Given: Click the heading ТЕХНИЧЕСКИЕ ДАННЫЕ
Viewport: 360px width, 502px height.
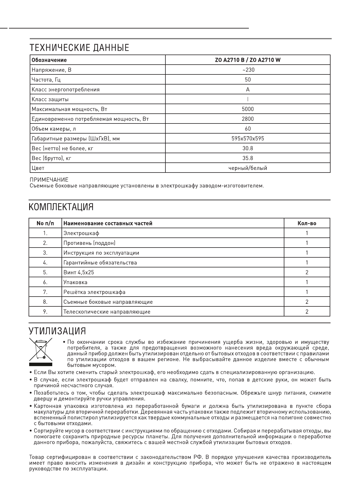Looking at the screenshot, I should [79, 48].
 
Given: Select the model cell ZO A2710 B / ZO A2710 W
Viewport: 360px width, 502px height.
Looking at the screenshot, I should [248, 60].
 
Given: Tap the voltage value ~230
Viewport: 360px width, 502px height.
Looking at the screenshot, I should [248, 70].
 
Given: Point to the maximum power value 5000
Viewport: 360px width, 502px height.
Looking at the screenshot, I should [248, 109].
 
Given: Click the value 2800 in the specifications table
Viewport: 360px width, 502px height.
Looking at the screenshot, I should [248, 119].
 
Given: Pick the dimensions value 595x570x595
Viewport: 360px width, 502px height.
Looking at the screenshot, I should [248, 138].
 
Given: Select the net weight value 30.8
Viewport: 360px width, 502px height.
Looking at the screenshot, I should [248, 148].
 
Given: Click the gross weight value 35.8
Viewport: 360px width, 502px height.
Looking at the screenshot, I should [248, 158].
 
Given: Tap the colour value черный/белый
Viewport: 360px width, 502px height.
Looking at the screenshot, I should [248, 168].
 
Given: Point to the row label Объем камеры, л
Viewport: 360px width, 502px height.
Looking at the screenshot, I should [54, 129].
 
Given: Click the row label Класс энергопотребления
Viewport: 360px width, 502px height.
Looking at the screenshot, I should [66, 89].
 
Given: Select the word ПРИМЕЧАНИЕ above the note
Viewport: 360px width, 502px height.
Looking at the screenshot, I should [49, 180].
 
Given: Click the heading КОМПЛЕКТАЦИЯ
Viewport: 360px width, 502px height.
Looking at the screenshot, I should [61, 207].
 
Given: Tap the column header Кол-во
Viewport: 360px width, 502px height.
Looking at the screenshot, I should [307, 223].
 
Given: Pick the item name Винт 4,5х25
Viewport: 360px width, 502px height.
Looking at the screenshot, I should [79, 272].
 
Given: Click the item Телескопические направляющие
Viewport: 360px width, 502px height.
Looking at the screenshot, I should [107, 312].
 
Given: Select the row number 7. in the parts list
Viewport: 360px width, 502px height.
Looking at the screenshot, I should [45, 292].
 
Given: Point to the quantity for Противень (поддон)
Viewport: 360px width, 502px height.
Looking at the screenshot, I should [307, 243].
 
